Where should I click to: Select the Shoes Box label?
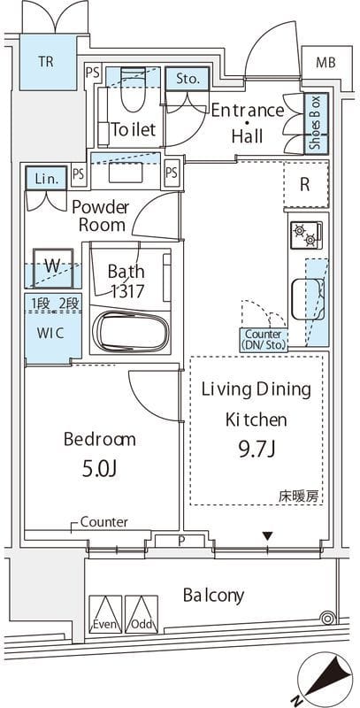315,123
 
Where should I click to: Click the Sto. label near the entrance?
188,79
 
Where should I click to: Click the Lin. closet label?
44,178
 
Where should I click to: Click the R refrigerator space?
304,185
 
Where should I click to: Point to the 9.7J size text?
256,449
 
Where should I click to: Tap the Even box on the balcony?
105,613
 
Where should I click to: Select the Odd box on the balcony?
141,613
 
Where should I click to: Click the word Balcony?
213,595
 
